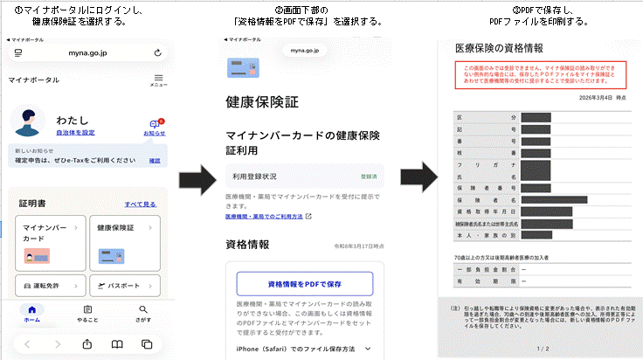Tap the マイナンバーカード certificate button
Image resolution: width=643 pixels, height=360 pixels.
[50, 239]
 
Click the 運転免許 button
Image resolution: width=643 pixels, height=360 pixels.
[50, 286]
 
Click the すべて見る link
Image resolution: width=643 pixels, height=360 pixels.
[140, 204]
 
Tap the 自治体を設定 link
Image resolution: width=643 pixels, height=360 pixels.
[75, 132]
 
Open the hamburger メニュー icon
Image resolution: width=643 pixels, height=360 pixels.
[158, 80]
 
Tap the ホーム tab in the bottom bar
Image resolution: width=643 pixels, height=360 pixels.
[31, 313]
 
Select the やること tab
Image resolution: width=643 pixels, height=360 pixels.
[87, 313]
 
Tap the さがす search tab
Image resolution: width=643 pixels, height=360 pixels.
[143, 313]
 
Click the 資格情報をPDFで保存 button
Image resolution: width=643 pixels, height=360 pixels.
[305, 284]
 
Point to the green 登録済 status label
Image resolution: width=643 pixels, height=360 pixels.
[368, 176]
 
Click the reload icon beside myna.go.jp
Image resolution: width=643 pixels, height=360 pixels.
[157, 53]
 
